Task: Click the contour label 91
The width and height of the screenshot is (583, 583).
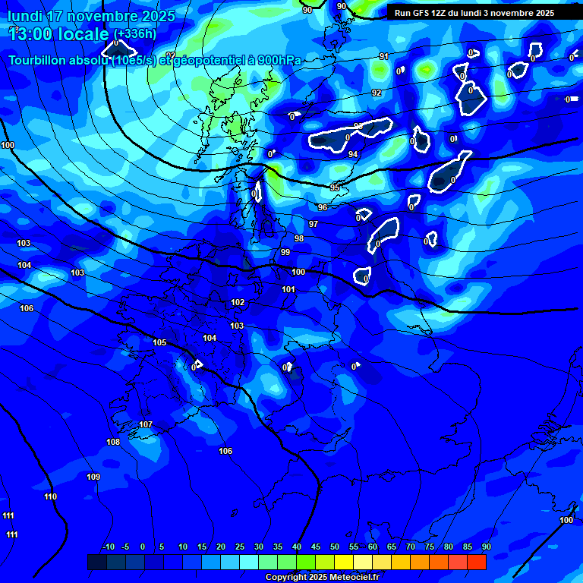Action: [x=384, y=56]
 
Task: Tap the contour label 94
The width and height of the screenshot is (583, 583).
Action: [x=353, y=154]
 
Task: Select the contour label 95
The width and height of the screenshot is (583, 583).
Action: [x=335, y=187]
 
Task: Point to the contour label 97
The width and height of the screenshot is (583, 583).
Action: [x=314, y=224]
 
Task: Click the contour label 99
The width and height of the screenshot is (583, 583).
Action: [x=285, y=252]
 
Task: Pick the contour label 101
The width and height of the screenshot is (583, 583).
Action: [x=288, y=289]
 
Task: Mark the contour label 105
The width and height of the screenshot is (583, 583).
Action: [x=159, y=342]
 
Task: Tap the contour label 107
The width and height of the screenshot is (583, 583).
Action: [x=146, y=424]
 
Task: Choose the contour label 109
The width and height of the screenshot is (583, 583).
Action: [x=93, y=477]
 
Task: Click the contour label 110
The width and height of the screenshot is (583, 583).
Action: [x=50, y=496]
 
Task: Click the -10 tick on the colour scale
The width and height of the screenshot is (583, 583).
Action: [x=108, y=547]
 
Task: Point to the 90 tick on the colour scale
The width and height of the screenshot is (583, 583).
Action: [x=486, y=547]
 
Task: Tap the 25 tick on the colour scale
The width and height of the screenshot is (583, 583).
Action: [x=239, y=547]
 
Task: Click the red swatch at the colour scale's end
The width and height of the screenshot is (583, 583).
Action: [x=477, y=562]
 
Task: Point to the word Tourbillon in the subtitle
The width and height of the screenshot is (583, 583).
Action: [x=38, y=61]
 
